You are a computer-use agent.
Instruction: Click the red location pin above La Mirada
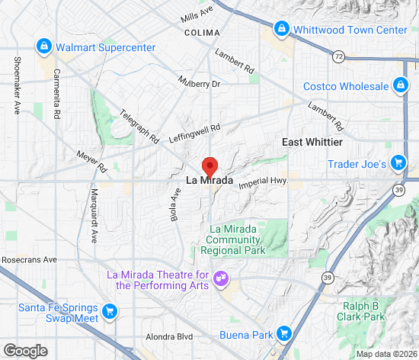click(x=209, y=166)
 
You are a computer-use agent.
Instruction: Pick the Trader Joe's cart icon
click(x=397, y=162)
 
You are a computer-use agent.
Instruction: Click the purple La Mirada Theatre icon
click(x=221, y=279)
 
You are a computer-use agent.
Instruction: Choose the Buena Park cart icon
click(x=284, y=333)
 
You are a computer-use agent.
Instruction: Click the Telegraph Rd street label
click(x=139, y=127)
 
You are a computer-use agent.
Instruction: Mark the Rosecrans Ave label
click(x=29, y=260)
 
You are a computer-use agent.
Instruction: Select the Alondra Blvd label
click(x=169, y=336)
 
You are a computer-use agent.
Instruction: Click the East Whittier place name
click(x=312, y=143)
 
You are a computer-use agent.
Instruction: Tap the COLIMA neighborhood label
click(x=202, y=33)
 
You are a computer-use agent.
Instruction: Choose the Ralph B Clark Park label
click(x=363, y=310)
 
